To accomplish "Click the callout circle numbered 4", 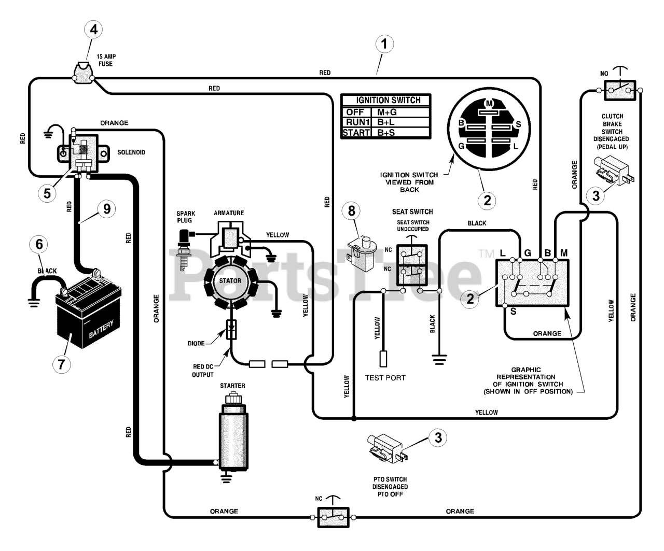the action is (93, 30).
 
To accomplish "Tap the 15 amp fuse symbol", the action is (84, 74).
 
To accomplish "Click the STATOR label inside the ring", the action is (230, 281).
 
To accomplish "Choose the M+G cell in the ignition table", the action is (386, 112).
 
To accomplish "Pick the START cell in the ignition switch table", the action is (356, 133).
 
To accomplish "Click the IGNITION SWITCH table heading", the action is (388, 100).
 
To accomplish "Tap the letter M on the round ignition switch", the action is (489, 104).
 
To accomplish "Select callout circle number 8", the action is (351, 210).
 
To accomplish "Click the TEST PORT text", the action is (385, 378).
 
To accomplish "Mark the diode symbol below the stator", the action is (231, 330).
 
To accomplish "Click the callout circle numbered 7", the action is (61, 364).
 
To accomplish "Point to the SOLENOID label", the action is (131, 152).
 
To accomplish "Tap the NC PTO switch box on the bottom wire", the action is (333, 517).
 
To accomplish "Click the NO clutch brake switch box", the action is (619, 91).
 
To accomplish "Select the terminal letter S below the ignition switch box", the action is (513, 312).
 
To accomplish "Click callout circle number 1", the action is (384, 44).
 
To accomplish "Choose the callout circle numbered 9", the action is (107, 209).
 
